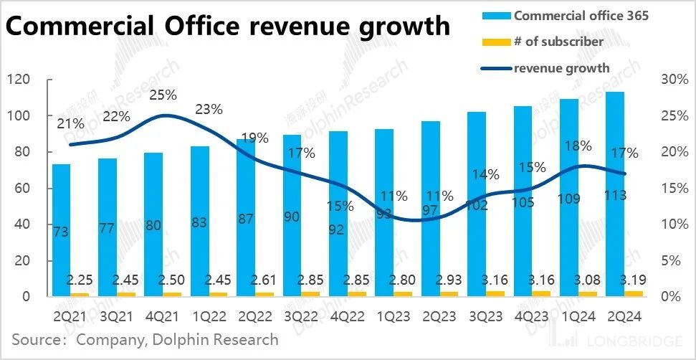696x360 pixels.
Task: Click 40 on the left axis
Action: tap(22, 224)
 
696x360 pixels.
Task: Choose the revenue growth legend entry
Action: tap(561, 68)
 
